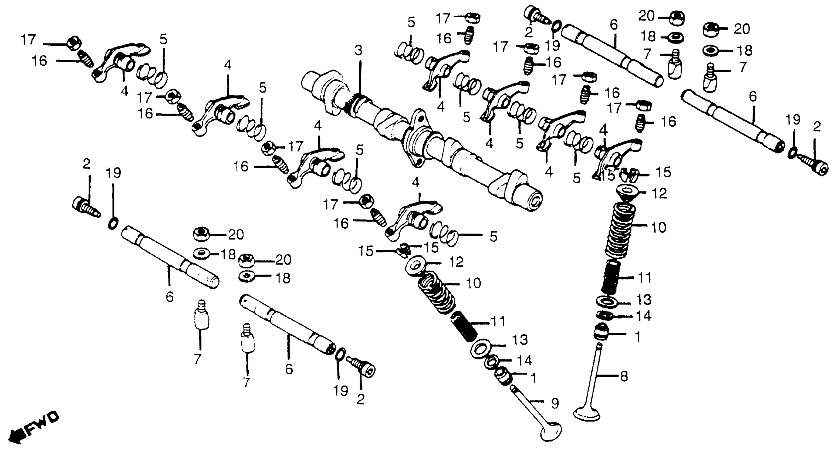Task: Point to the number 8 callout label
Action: coord(624,376)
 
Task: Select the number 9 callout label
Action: coord(555,403)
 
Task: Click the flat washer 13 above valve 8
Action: coord(607,302)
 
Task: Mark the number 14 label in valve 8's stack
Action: coord(643,316)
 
